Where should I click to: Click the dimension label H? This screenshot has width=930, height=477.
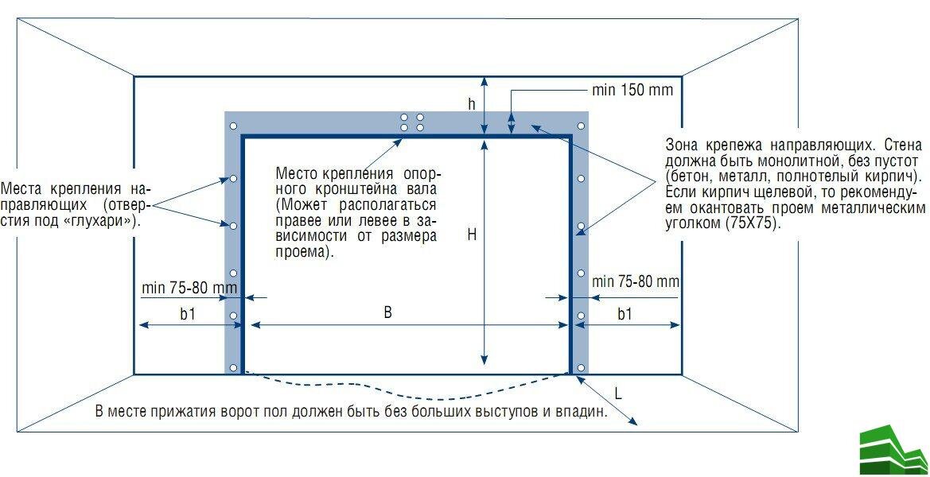(x=472, y=235)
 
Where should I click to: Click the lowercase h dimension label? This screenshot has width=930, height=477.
(x=472, y=104)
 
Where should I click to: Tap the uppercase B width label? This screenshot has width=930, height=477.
(x=387, y=312)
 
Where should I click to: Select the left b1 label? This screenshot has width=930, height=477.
(x=188, y=314)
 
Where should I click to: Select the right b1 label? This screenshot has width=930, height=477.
(x=625, y=314)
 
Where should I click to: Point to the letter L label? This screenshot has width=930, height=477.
(x=618, y=393)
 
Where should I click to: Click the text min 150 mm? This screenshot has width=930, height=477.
(x=632, y=90)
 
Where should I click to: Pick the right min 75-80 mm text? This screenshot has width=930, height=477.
(x=636, y=281)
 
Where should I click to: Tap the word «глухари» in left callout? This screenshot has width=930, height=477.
(x=103, y=222)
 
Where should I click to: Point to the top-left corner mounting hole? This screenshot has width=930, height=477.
(x=233, y=126)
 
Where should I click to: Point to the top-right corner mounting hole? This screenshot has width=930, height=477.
(x=582, y=126)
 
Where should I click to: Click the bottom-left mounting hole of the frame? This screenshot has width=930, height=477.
(x=233, y=367)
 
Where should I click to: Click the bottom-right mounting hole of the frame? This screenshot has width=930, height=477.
(x=582, y=367)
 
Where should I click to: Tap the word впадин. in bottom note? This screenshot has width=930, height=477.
(x=585, y=412)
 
